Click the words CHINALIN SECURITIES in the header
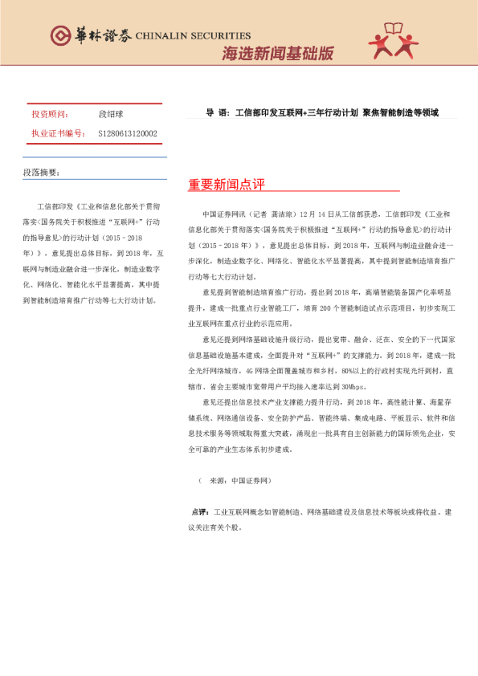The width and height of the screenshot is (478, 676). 194,35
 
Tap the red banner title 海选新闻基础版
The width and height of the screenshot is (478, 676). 277,53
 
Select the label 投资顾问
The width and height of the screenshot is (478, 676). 50,115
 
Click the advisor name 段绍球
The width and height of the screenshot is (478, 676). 111,115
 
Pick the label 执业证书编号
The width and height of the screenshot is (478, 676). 57,133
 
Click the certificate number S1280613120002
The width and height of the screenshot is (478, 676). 128,133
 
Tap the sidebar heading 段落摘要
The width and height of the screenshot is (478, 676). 41,172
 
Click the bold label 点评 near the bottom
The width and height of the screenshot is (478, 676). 199,511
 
